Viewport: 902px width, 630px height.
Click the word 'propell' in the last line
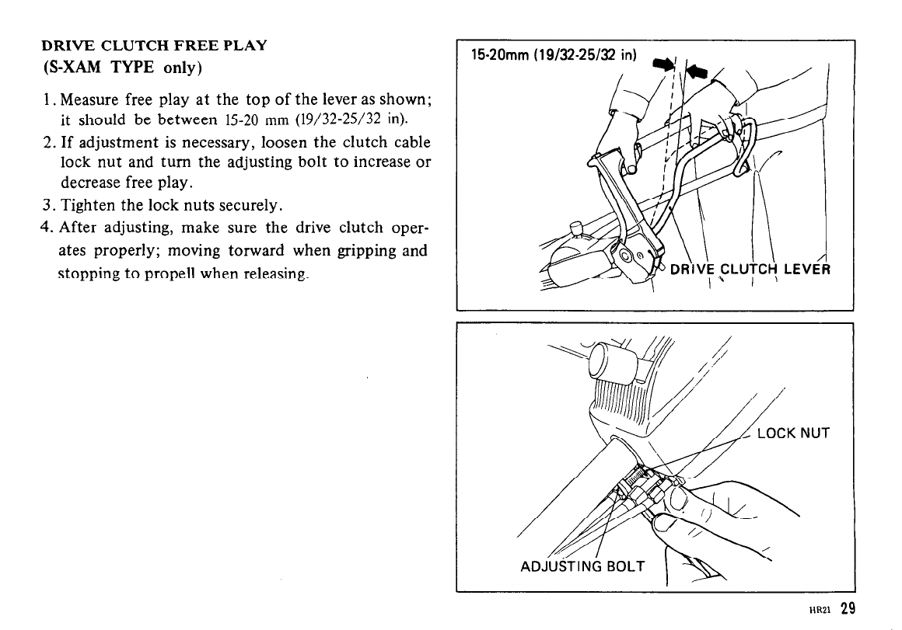click(187, 274)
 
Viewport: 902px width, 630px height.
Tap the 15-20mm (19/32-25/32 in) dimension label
click(554, 56)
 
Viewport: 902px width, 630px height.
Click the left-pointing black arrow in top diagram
click(696, 71)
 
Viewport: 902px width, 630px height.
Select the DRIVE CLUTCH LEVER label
click(750, 270)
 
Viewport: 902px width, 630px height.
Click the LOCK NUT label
click(792, 433)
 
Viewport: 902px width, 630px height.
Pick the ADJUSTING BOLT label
click(582, 566)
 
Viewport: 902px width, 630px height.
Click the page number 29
click(848, 608)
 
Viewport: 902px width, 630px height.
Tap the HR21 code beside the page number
click(823, 611)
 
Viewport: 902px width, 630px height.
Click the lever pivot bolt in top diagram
click(626, 256)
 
